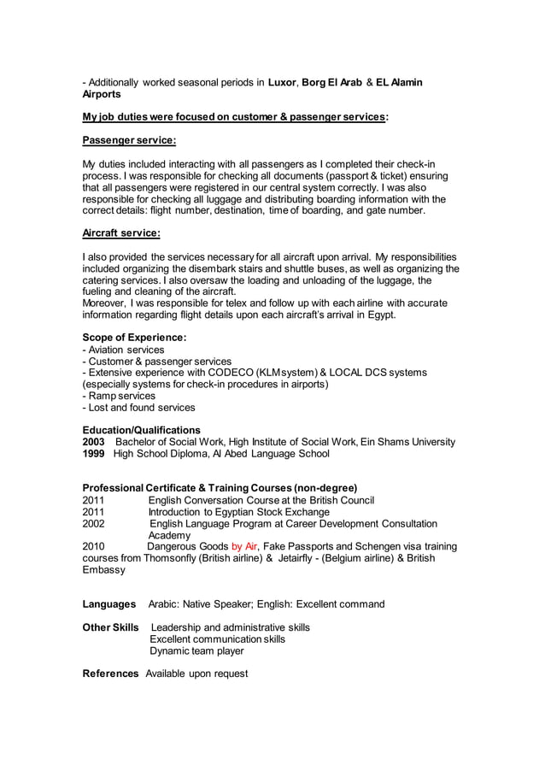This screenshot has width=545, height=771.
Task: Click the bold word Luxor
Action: tap(282, 82)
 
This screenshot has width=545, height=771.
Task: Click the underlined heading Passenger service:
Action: tap(129, 140)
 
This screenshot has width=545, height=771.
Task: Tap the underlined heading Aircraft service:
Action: tap(120, 232)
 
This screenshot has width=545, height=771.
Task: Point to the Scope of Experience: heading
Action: tap(134, 338)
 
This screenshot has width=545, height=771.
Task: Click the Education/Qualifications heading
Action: tap(141, 430)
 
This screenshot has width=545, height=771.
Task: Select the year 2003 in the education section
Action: tap(94, 442)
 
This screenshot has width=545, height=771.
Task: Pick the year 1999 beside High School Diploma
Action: tap(94, 454)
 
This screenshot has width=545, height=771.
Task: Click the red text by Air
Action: tap(244, 546)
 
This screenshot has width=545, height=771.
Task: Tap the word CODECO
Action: tap(226, 373)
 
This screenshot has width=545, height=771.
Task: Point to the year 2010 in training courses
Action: tap(94, 546)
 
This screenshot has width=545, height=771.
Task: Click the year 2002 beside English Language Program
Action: tap(94, 523)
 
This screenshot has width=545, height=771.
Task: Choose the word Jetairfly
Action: tap(302, 558)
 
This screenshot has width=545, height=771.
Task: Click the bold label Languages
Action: tap(109, 604)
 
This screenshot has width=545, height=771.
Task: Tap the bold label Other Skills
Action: tap(110, 627)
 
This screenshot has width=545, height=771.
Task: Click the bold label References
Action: tap(110, 674)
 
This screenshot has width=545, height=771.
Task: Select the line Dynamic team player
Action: tap(196, 650)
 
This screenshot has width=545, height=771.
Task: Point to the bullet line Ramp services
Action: tap(120, 396)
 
